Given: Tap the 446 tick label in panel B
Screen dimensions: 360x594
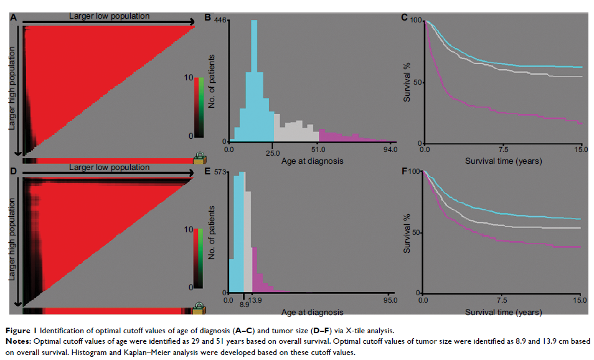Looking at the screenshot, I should (x=220, y=21).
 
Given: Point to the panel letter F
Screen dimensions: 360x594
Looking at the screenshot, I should (x=405, y=169).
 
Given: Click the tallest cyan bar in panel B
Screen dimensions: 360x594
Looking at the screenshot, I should (x=254, y=81).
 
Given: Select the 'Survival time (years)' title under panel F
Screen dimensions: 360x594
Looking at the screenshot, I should (x=503, y=312).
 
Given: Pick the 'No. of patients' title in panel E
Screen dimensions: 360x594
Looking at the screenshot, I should (x=212, y=234).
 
